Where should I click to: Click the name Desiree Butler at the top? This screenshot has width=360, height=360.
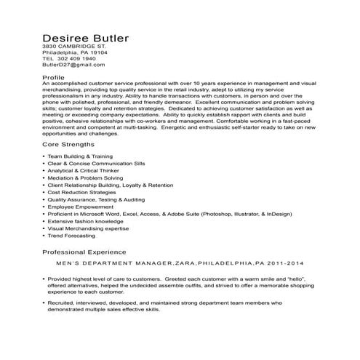(x=86, y=37)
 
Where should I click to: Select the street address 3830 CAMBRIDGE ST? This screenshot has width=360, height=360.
(x=74, y=47)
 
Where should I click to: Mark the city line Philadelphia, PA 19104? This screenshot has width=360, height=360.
(x=75, y=53)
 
